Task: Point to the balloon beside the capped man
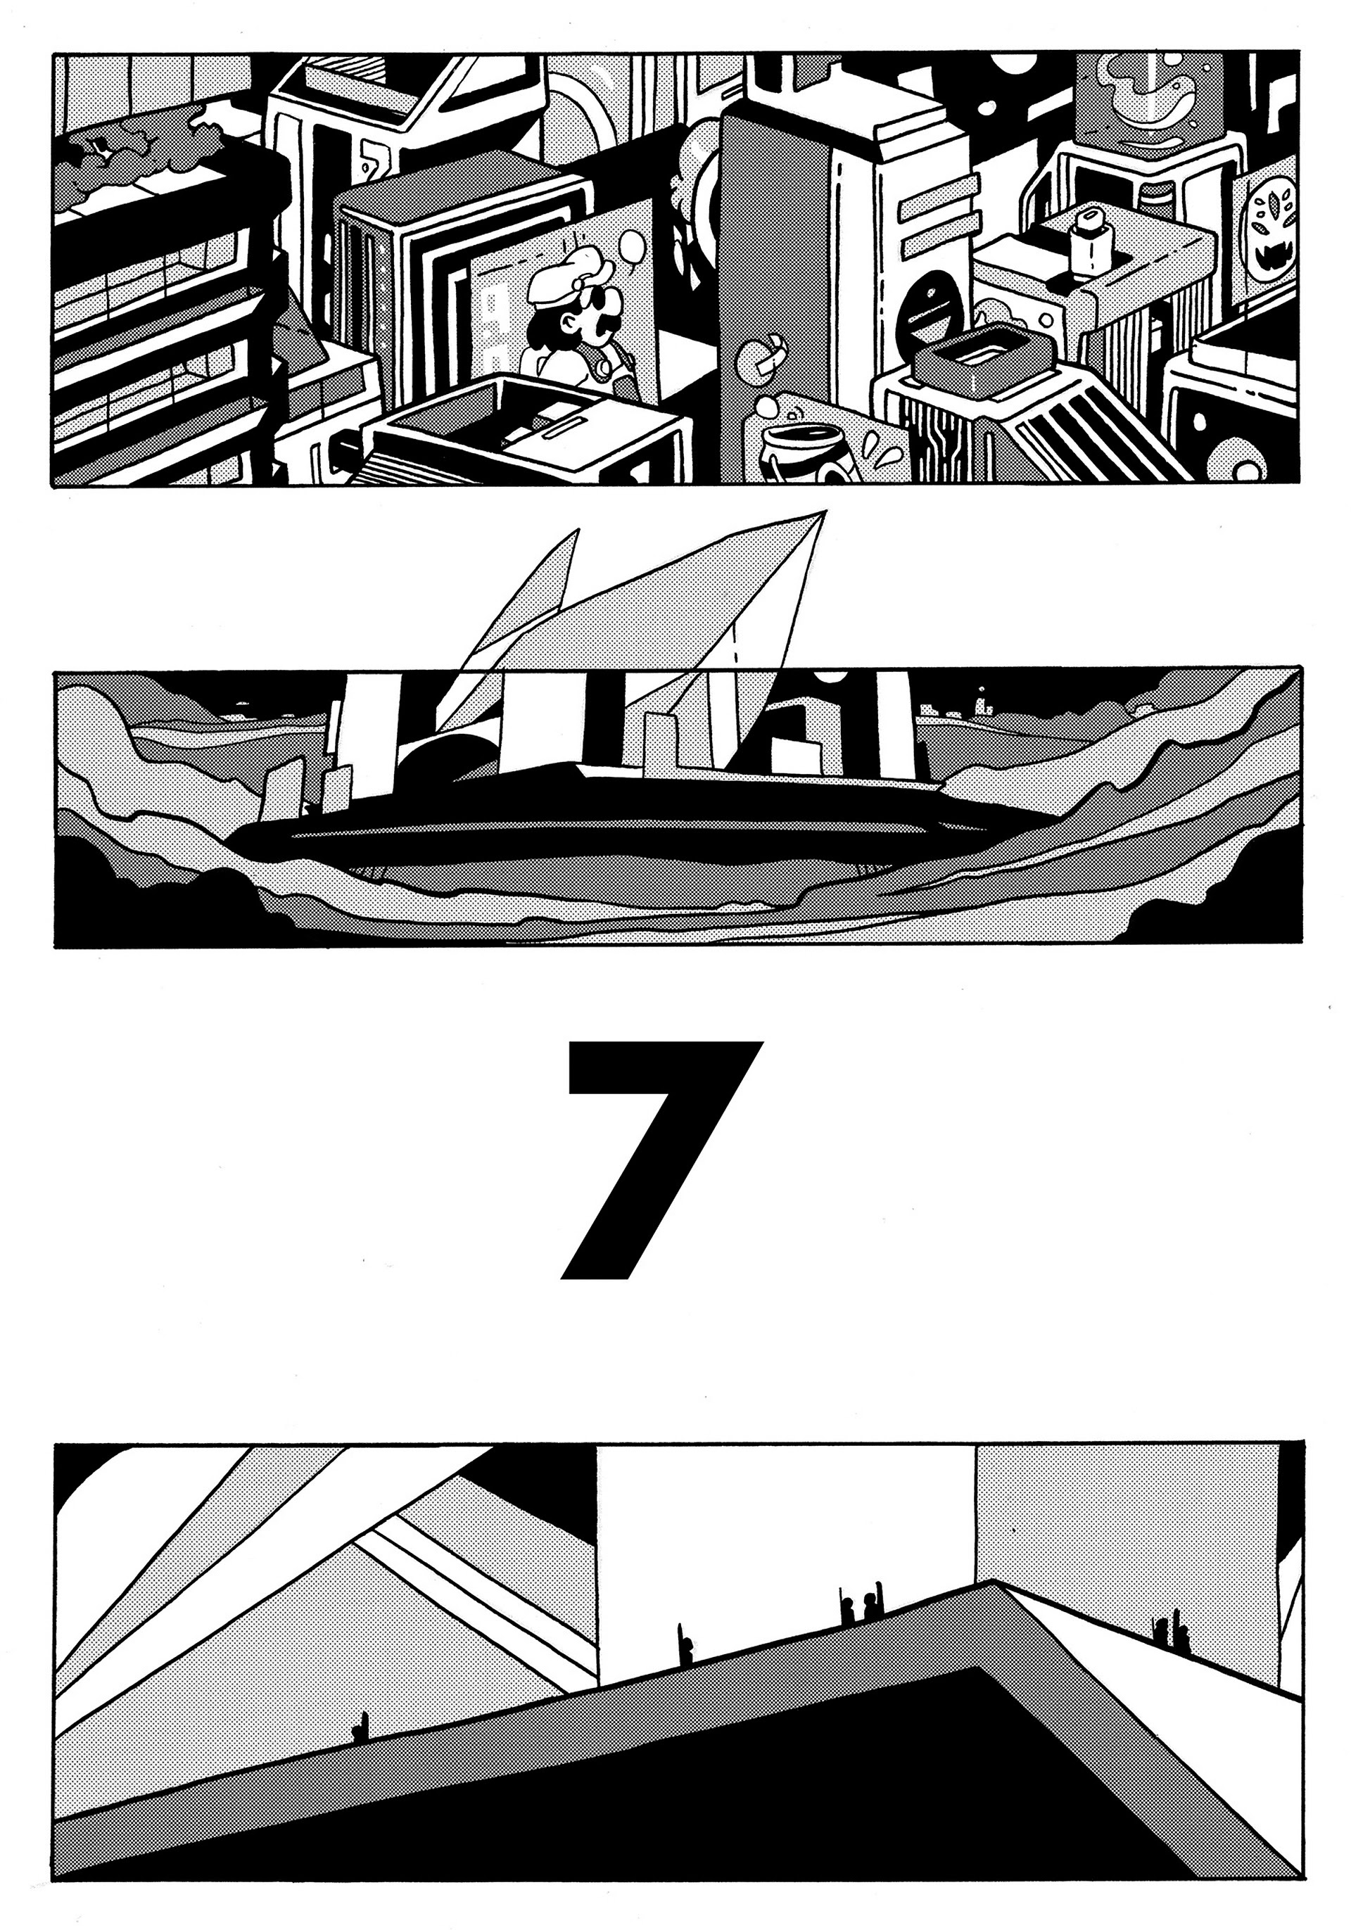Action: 632,247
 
